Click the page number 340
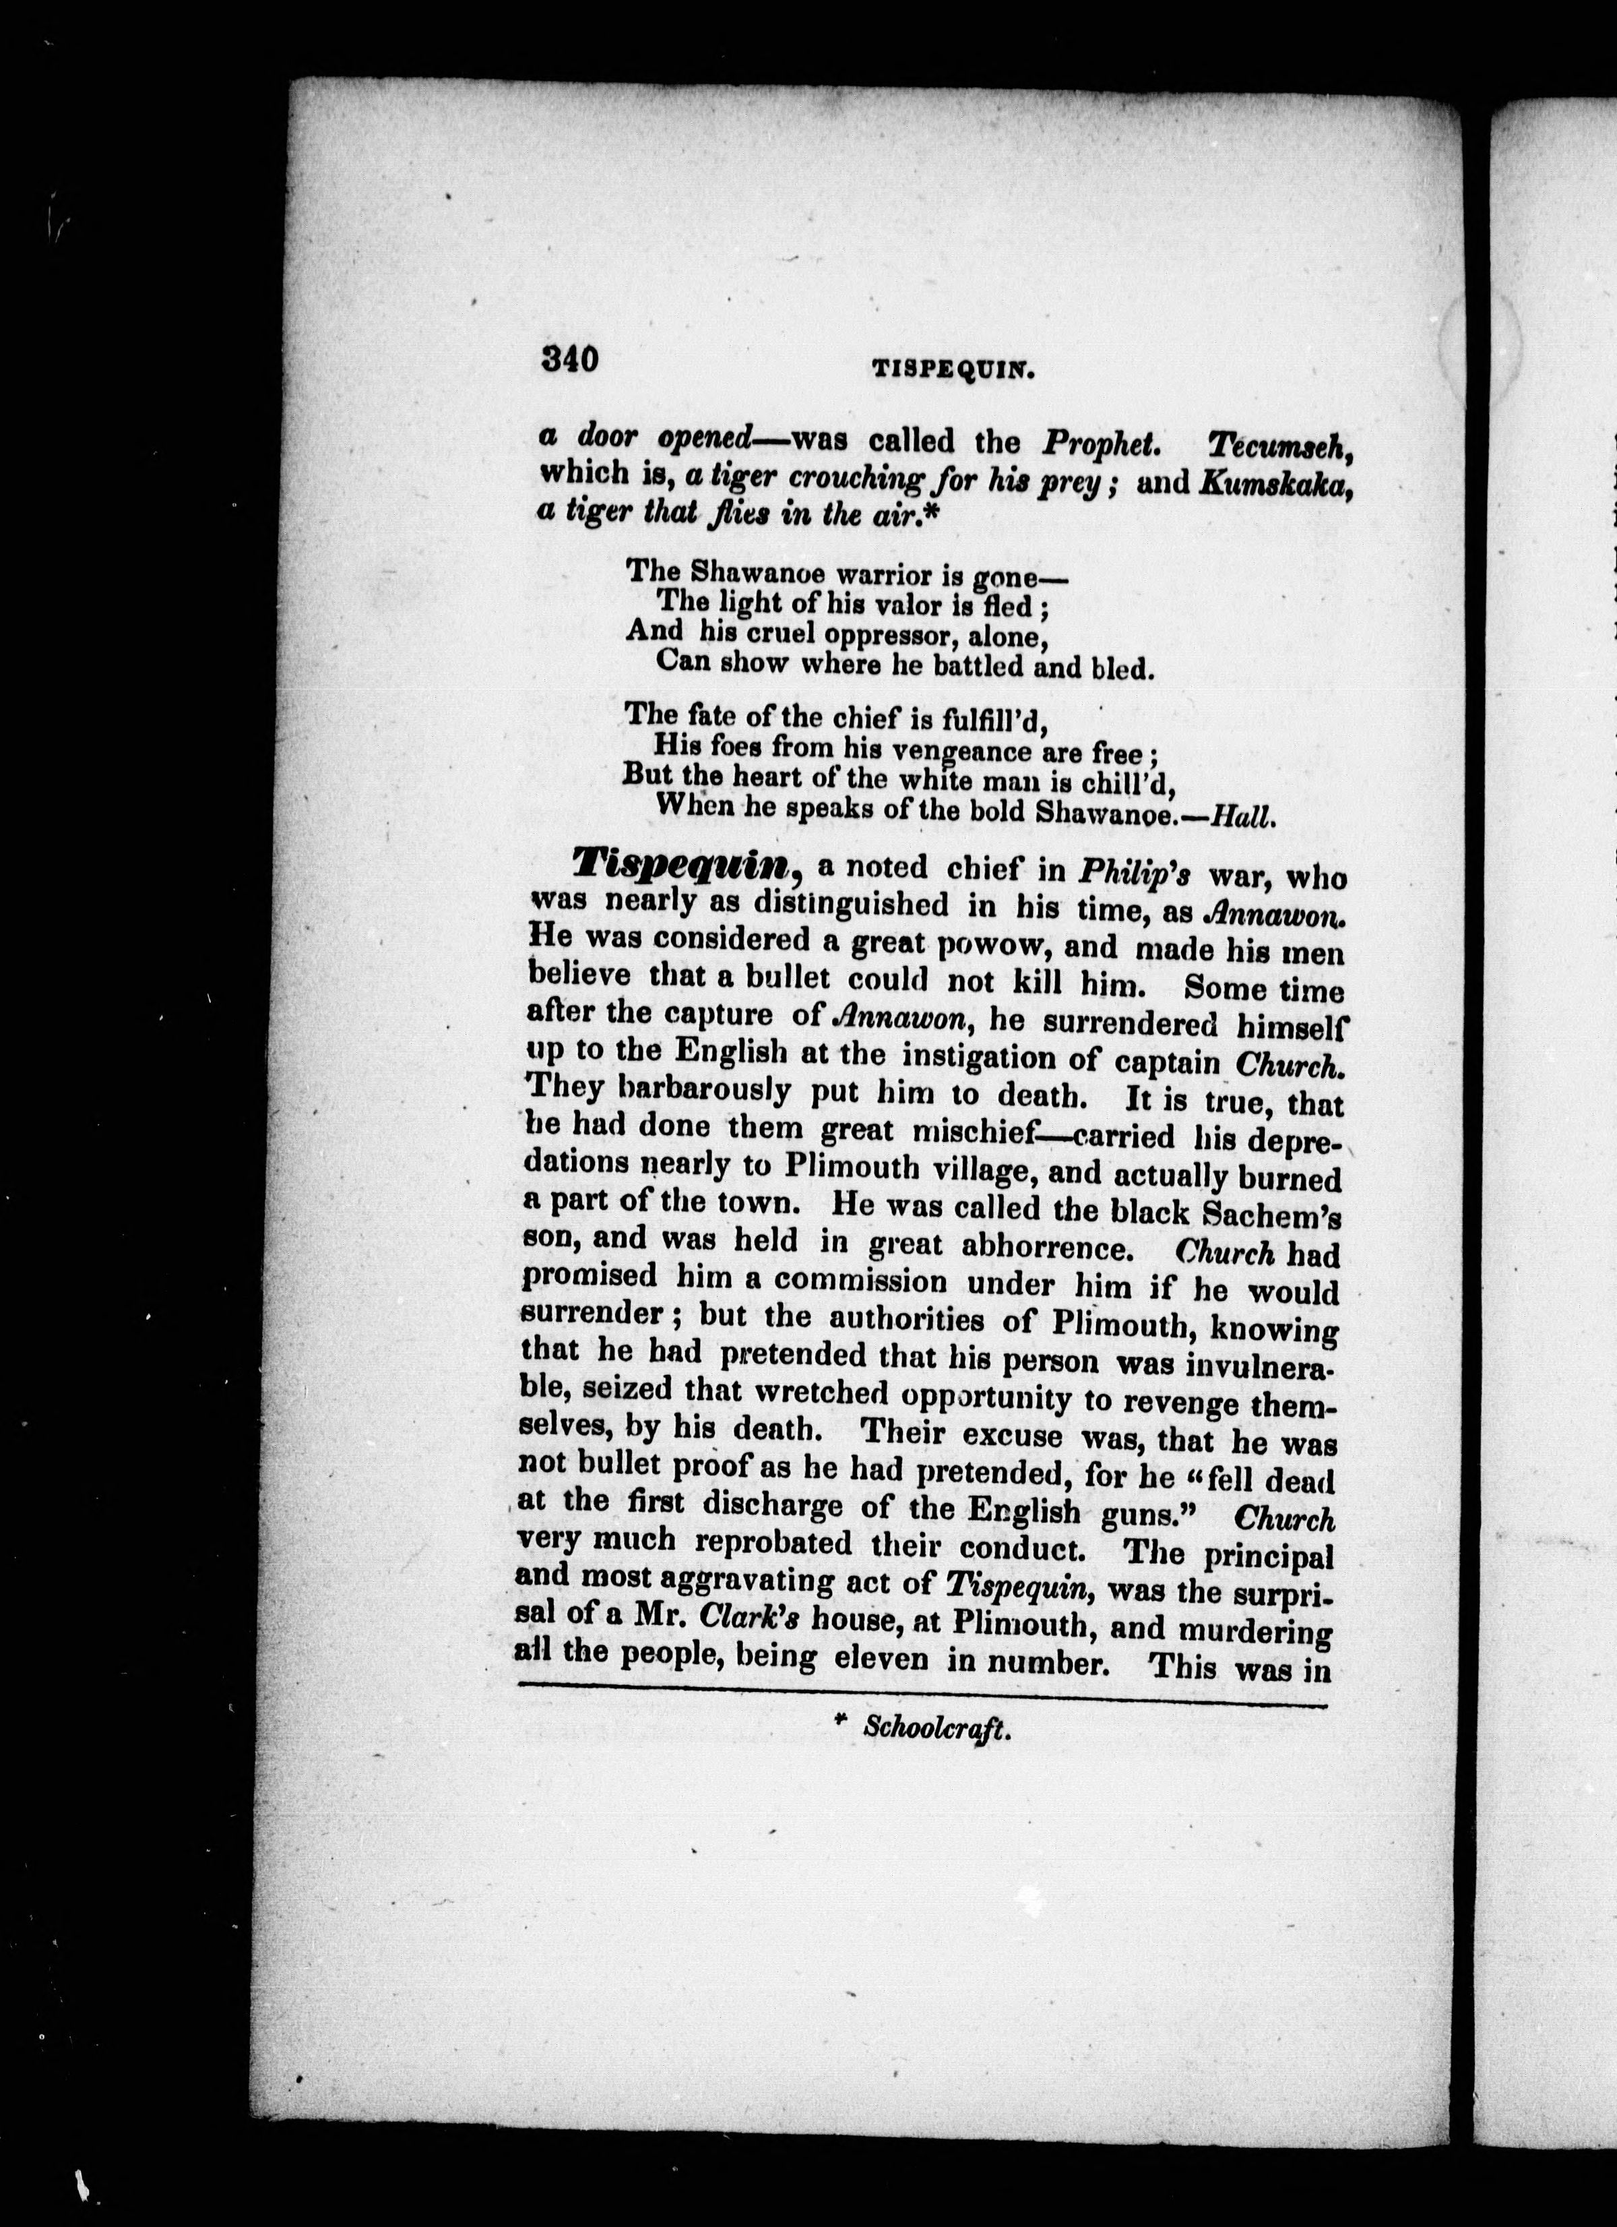[569, 361]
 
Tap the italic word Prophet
[1102, 443]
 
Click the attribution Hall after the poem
[1244, 818]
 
